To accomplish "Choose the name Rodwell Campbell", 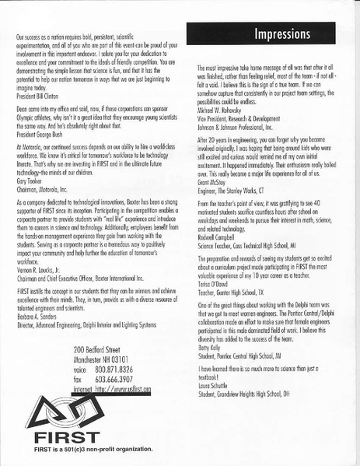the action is [x=220, y=261].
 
